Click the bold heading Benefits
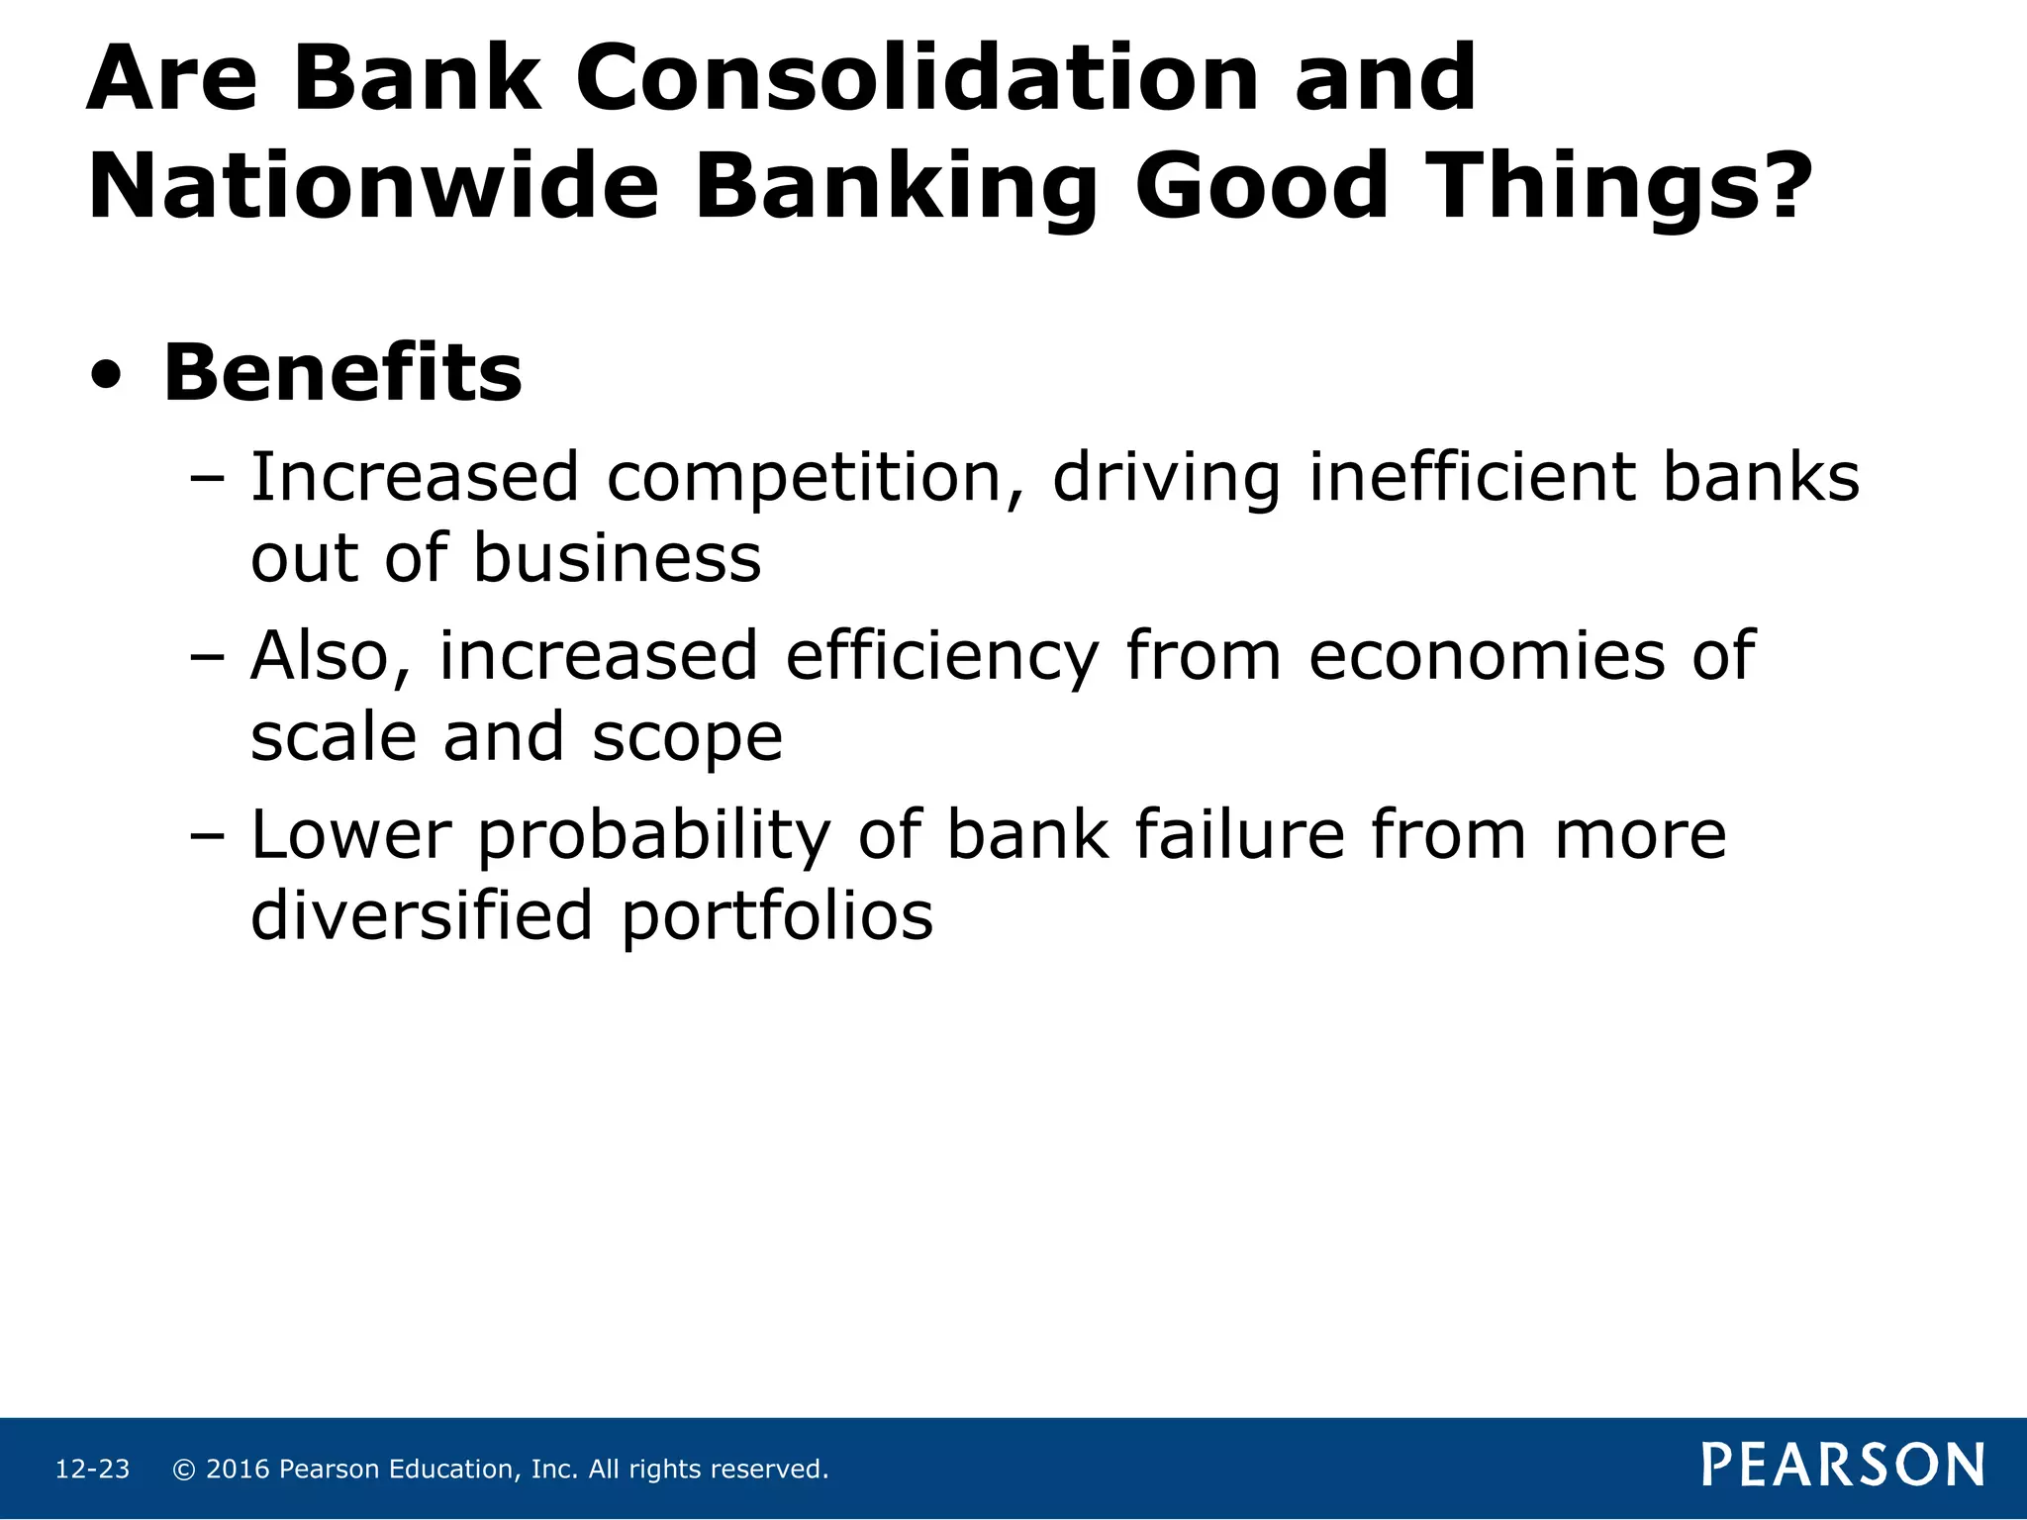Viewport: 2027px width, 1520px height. point(341,373)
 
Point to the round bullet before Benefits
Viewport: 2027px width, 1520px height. point(106,377)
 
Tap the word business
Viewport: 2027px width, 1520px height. point(617,558)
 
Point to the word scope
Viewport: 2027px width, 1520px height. point(687,739)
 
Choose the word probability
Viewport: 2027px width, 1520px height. point(654,836)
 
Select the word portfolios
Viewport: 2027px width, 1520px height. point(777,917)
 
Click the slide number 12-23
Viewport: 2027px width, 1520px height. point(92,1470)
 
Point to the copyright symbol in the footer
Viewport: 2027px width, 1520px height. point(183,1470)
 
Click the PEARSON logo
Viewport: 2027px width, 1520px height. point(1842,1466)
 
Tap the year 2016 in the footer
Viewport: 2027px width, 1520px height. point(238,1470)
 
